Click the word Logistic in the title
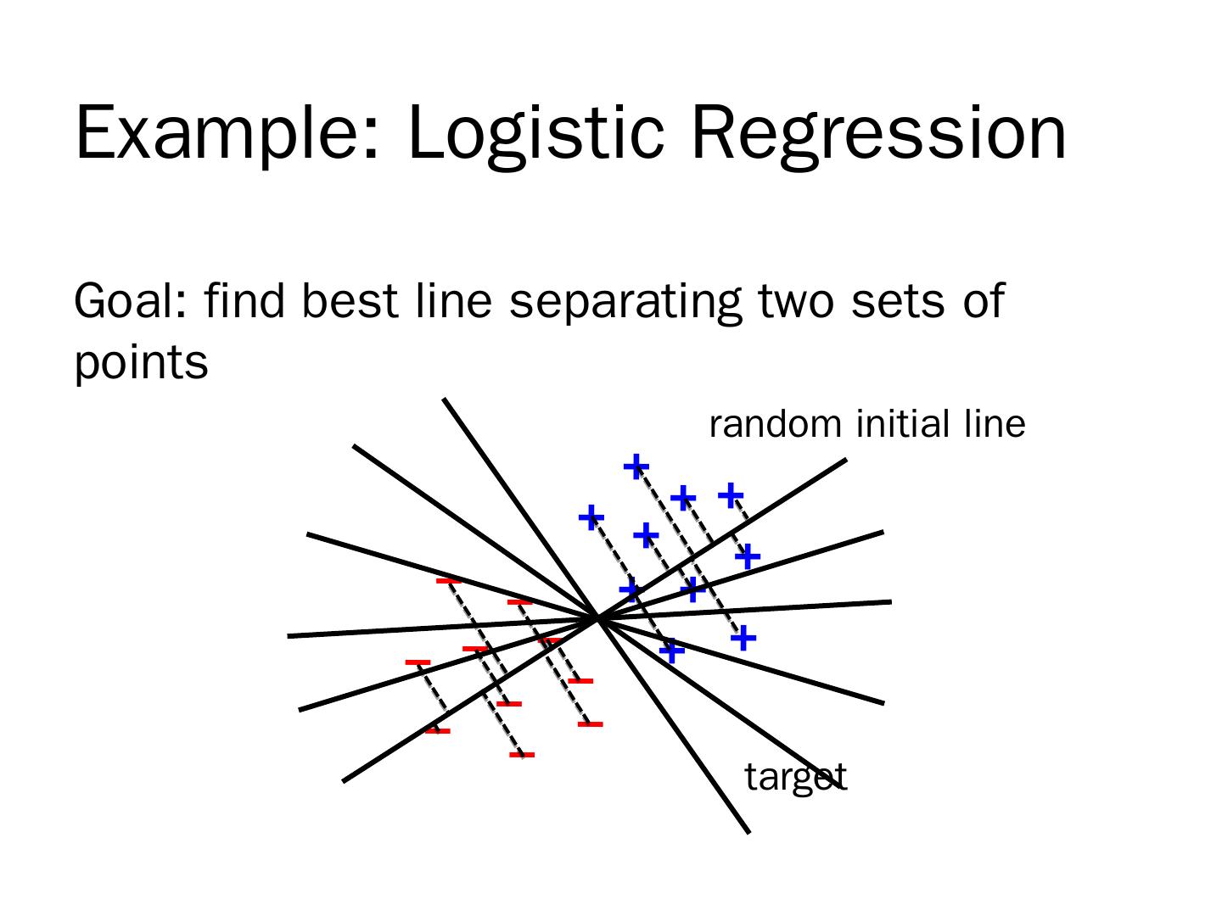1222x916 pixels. [535, 133]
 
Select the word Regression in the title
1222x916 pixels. [878, 133]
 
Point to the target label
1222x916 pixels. [795, 777]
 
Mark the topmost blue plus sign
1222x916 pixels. [636, 466]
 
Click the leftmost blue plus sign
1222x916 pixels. [591, 517]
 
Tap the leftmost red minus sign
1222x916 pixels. [418, 662]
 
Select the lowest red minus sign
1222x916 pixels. [522, 754]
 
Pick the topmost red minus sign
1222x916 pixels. [447, 581]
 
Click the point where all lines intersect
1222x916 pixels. [598, 618]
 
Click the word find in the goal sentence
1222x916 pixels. [244, 301]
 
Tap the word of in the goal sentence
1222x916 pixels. [984, 301]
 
